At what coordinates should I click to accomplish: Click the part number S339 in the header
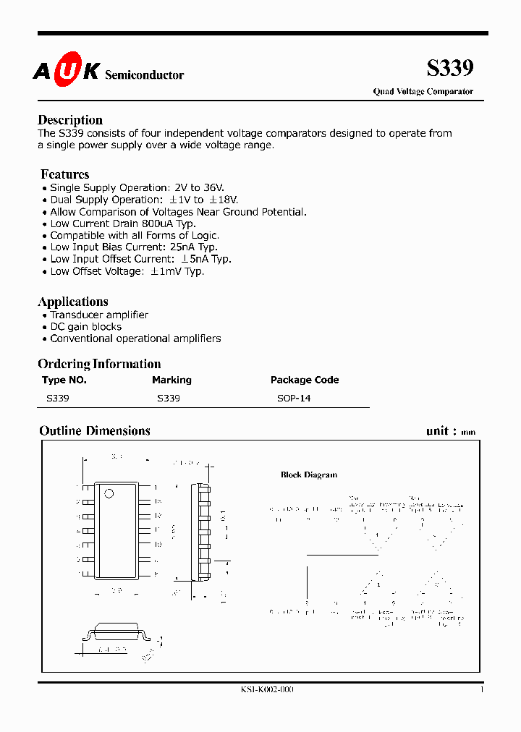[449, 68]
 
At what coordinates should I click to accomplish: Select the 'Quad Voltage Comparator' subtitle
[423, 92]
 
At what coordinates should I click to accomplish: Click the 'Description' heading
[70, 120]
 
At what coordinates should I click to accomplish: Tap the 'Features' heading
[65, 174]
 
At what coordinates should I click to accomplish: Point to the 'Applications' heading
[73, 302]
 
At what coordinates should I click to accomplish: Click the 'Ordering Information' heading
[99, 364]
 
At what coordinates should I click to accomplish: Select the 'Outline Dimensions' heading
[95, 431]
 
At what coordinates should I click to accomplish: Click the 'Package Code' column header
[305, 380]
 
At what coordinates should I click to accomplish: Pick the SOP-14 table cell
[294, 399]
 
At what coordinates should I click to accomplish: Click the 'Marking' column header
[171, 380]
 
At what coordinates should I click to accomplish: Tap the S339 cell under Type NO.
[57, 399]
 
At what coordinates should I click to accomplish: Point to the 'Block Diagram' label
[309, 475]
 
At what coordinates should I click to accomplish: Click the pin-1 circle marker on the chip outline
[109, 494]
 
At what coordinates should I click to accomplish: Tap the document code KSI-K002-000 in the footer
[267, 689]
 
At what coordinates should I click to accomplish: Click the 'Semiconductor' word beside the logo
[145, 75]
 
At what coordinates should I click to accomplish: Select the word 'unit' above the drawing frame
[437, 431]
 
